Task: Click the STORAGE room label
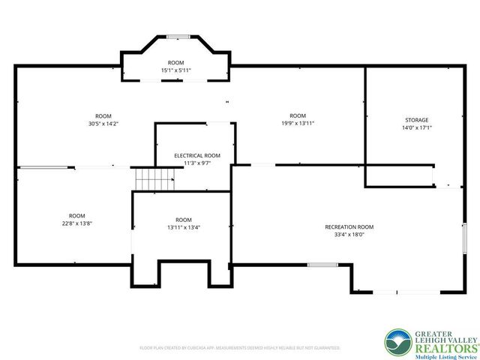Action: coord(417,120)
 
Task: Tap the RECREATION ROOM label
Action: coord(349,226)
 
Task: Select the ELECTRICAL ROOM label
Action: coord(196,155)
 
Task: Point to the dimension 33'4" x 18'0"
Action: coord(349,234)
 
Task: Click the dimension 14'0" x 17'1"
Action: coord(417,127)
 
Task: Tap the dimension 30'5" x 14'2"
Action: coord(103,124)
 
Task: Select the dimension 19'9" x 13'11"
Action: coord(298,123)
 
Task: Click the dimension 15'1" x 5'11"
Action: coord(176,70)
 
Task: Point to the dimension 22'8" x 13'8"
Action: coord(77,223)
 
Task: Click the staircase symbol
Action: coord(154,180)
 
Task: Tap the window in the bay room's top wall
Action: coord(177,35)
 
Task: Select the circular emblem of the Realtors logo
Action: coord(397,343)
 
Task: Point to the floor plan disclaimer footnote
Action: coord(240,348)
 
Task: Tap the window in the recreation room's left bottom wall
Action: coord(322,264)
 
